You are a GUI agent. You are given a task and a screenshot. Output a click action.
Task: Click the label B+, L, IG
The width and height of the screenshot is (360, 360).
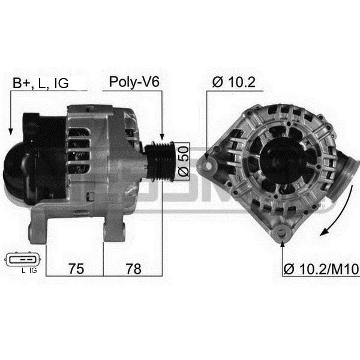point(41,83)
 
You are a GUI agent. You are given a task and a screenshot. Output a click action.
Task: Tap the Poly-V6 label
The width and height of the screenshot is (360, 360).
point(134,82)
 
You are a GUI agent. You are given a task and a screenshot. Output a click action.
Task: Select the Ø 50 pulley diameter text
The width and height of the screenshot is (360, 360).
point(183,161)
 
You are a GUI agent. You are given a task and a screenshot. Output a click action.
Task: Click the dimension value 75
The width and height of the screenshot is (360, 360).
point(76,269)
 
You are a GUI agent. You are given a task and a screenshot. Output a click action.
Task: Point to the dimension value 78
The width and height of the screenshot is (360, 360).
point(133,269)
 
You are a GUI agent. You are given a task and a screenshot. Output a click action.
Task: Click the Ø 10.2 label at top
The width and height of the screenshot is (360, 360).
point(234,82)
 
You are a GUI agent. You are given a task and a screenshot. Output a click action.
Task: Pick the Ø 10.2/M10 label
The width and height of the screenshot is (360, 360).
point(321,269)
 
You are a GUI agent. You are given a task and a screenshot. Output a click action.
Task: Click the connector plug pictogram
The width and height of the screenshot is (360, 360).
point(23,259)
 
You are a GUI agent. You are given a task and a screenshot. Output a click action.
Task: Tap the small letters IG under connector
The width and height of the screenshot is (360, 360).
point(33,271)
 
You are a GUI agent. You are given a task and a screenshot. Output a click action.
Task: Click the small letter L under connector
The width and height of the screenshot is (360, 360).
point(23,271)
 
